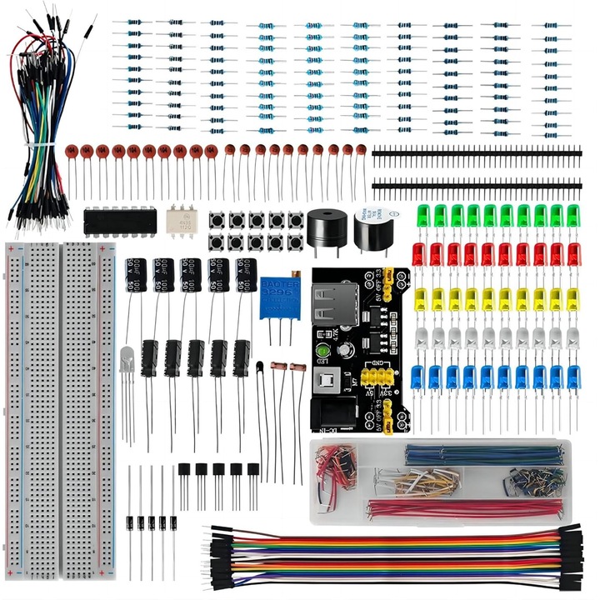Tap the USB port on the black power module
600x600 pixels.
(330, 305)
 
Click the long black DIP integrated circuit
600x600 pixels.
(121, 220)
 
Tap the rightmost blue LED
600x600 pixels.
(573, 377)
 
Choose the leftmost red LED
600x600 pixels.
(419, 253)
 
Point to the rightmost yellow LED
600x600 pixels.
(574, 297)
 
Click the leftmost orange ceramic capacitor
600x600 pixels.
(72, 152)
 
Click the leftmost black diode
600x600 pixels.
(131, 523)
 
